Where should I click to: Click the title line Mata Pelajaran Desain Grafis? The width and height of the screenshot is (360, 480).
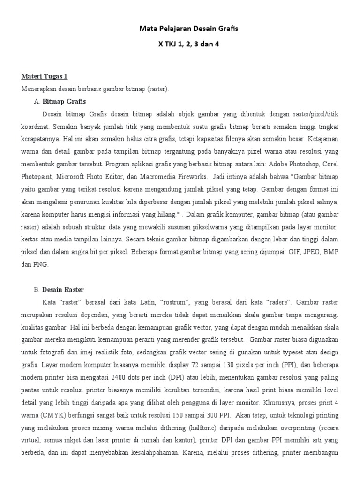coord(188,29)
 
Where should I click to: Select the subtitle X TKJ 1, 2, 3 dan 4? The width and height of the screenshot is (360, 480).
coord(188,45)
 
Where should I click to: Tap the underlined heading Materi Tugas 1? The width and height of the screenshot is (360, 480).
coord(45,76)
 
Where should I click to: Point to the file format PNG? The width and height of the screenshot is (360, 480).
coord(42,264)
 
